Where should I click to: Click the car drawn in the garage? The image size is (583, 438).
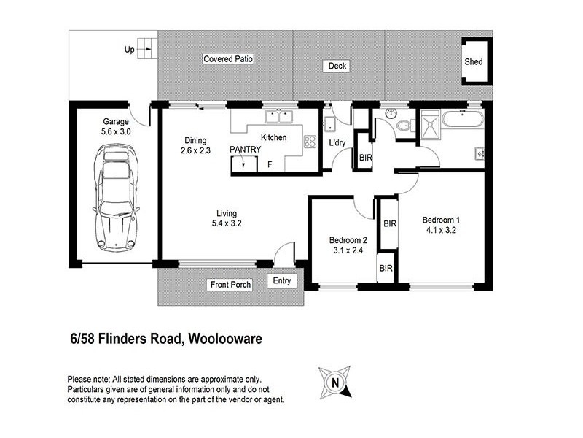(115, 197)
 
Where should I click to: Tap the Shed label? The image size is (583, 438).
(474, 62)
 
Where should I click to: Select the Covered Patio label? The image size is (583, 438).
(228, 58)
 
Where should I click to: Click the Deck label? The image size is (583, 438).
(337, 66)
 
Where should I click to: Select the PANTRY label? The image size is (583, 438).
(245, 150)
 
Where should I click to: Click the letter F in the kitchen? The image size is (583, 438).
(270, 164)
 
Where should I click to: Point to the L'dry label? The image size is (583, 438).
(337, 143)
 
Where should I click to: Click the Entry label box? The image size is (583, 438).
(281, 280)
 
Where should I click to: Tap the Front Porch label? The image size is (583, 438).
(231, 285)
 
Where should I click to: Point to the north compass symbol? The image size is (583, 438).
(335, 381)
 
